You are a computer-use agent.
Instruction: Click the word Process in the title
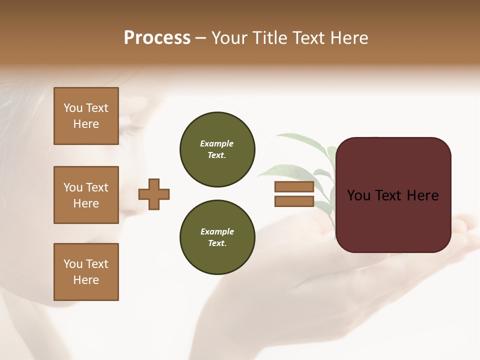[x=157, y=38]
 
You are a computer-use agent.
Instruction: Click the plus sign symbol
[x=154, y=194]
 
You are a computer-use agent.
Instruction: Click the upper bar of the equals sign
[x=294, y=187]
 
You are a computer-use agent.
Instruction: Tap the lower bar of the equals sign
[x=294, y=201]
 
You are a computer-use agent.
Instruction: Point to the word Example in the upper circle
[x=216, y=143]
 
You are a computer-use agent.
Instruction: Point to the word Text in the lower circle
[x=216, y=243]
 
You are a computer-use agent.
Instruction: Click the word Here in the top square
[x=86, y=124]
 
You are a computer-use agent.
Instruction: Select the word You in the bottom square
[x=73, y=264]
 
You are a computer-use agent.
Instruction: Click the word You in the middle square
[x=73, y=187]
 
